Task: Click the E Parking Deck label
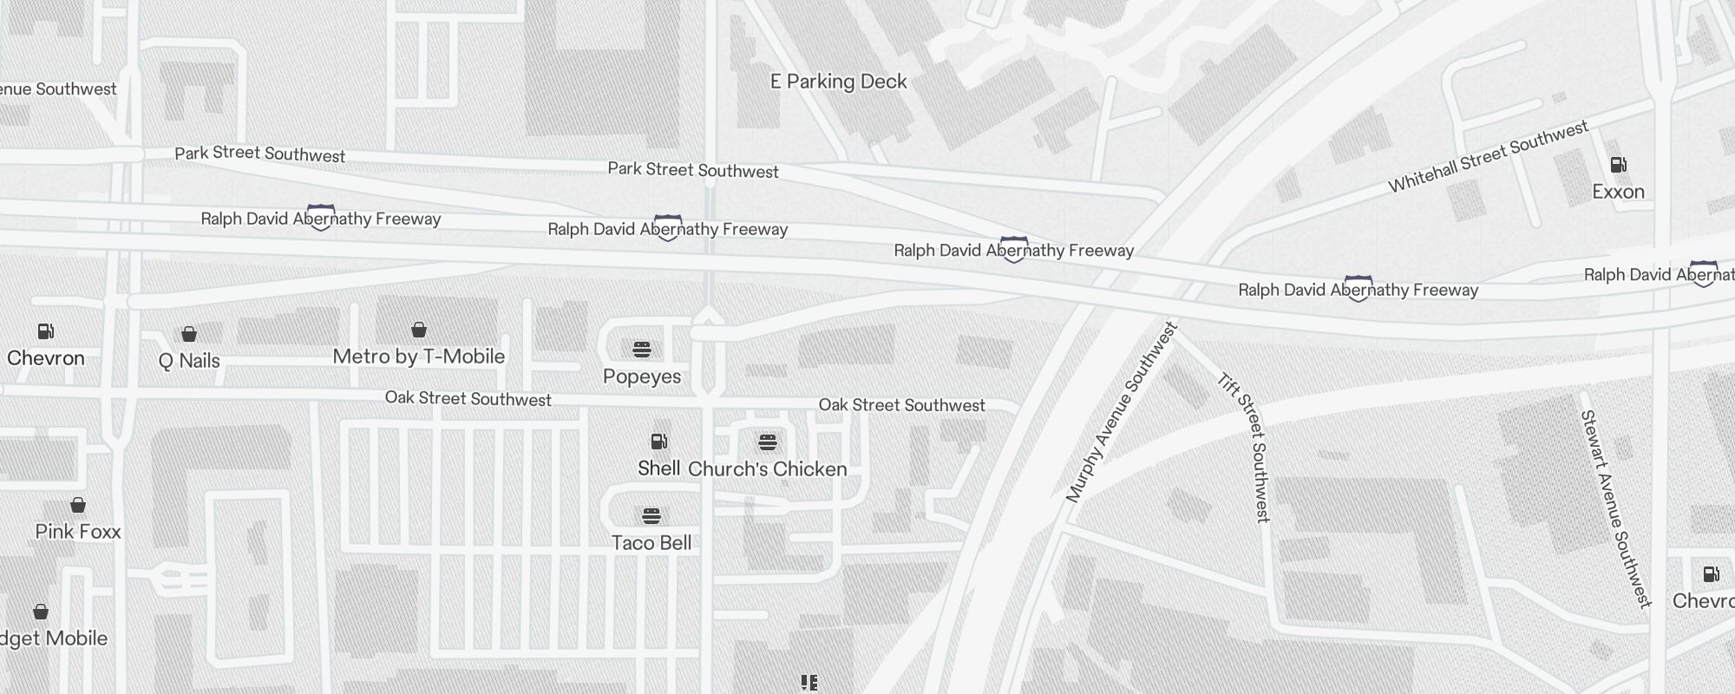[838, 82]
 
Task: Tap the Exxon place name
[1618, 192]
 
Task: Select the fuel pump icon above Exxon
[1618, 165]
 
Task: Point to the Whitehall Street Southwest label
[1488, 157]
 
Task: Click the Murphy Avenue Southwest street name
[1122, 412]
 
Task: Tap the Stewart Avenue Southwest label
[1614, 509]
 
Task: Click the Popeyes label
[642, 376]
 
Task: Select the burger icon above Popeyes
[642, 350]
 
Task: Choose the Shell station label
[658, 468]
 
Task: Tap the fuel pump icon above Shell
[659, 442]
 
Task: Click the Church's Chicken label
[767, 469]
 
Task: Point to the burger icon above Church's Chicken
[767, 443]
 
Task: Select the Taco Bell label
[651, 543]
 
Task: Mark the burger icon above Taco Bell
[651, 516]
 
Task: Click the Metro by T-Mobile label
[418, 357]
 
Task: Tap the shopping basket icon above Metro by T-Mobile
[419, 330]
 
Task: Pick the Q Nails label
[189, 361]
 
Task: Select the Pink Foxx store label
[77, 532]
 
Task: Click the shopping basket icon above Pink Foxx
[77, 505]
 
